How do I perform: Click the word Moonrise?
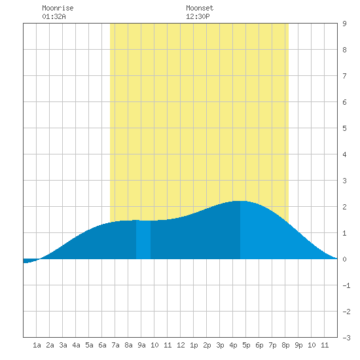coord(58,8)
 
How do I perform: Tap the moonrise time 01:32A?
coord(54,16)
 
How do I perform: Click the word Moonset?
coord(200,8)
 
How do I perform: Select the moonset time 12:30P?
coord(198,16)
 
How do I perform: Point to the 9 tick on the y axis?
coord(344,24)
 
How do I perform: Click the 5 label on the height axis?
coord(344,128)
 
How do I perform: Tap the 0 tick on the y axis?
coord(344,259)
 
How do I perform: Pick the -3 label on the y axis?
coord(346,338)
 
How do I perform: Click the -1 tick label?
coord(346,285)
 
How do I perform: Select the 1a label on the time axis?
coord(37,345)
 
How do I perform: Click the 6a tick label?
coord(102,345)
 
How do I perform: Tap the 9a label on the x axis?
coord(141,345)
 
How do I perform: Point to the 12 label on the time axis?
coord(181,345)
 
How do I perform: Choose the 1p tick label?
coord(194,345)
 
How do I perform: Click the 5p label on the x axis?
coord(246,345)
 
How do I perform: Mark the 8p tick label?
coord(285,345)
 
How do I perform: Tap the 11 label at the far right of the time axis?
coord(325,345)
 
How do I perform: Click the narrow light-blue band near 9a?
coord(143,240)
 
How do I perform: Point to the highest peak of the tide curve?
coord(240,202)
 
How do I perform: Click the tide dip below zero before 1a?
coord(29,261)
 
